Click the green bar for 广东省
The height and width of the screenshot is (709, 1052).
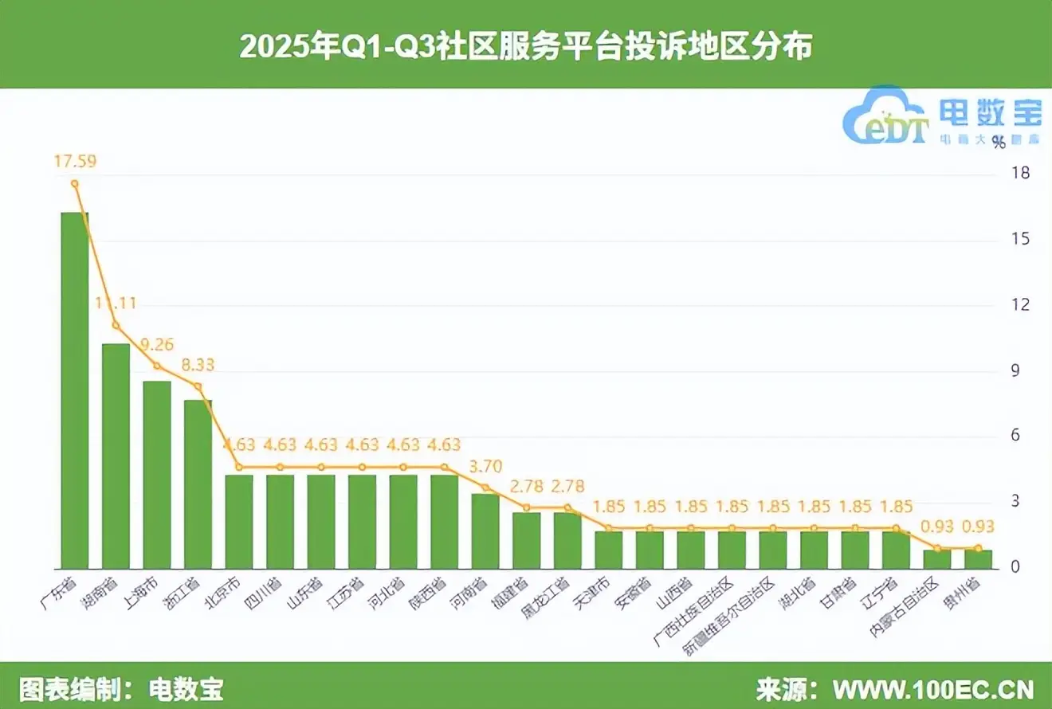pos(75,390)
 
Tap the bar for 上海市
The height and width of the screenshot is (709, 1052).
pos(157,475)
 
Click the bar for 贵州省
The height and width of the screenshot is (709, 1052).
pos(978,559)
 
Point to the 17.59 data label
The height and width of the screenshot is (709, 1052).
pos(75,162)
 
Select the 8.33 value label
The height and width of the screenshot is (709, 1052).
pos(198,365)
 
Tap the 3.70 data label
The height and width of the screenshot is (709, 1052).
pos(485,466)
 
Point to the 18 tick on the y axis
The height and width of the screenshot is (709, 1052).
pos(1019,174)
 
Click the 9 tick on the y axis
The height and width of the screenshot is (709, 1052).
pos(1019,370)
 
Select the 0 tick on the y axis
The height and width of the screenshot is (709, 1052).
pos(1019,567)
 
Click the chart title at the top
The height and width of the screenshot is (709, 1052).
pos(526,47)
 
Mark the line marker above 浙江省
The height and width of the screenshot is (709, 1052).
pos(198,386)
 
